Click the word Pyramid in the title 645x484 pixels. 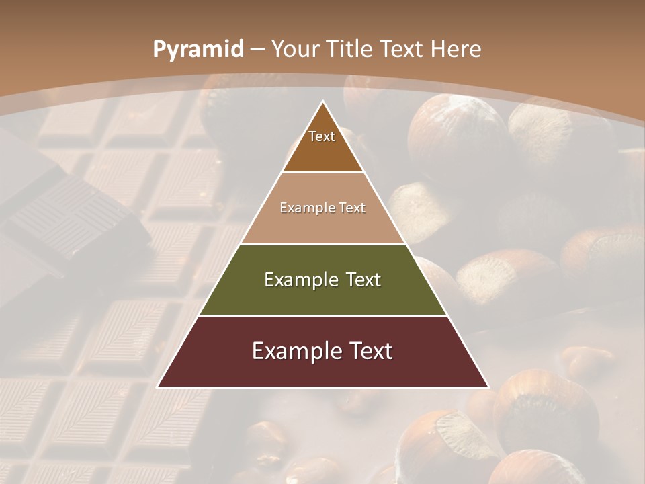click(x=198, y=50)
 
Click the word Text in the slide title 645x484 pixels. click(x=404, y=50)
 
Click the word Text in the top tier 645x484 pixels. click(x=322, y=136)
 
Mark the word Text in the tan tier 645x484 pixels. click(x=352, y=208)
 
